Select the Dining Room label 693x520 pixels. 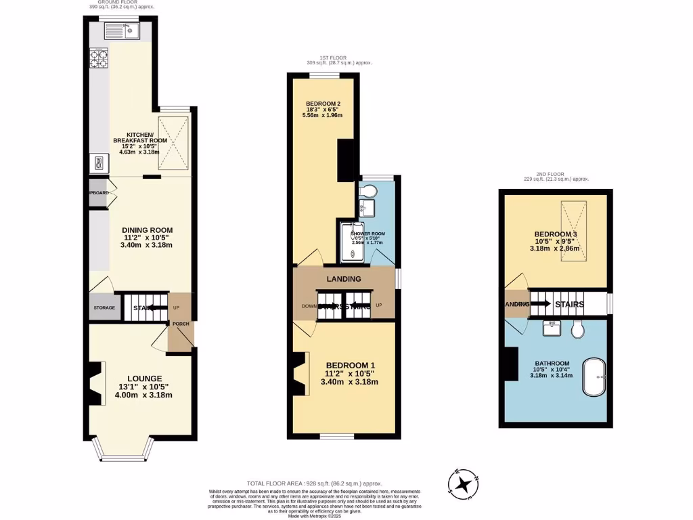(x=147, y=230)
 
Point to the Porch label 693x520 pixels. (x=181, y=324)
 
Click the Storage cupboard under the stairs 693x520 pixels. (x=104, y=308)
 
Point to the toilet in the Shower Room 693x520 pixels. (x=370, y=190)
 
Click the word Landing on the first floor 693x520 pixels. (x=344, y=279)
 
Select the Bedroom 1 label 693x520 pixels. (x=350, y=366)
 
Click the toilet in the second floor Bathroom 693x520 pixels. (x=577, y=330)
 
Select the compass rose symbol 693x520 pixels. (x=464, y=484)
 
